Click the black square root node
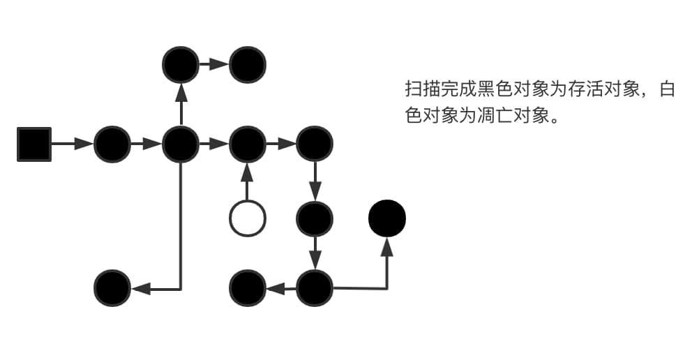point(34,144)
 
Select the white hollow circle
point(248,218)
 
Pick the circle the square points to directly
point(112,144)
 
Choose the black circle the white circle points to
point(248,144)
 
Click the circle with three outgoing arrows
point(181,144)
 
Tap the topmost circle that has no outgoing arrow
point(248,64)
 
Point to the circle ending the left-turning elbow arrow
point(112,287)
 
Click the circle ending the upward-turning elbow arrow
point(387,218)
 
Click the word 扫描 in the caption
point(421,91)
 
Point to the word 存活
point(589,91)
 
